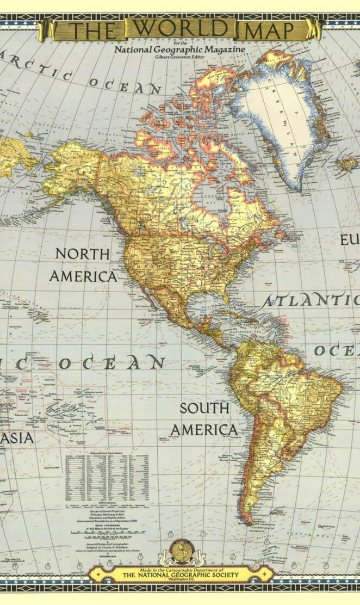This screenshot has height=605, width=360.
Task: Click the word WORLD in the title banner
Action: click(x=180, y=28)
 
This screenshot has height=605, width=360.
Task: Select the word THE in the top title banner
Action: click(x=92, y=30)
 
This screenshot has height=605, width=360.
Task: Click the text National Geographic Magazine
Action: click(x=179, y=50)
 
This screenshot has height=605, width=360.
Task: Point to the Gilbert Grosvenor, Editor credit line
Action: click(x=180, y=57)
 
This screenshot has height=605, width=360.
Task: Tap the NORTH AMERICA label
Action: click(x=83, y=265)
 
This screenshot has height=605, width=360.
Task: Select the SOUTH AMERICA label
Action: click(x=204, y=419)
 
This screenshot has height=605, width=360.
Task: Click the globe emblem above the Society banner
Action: click(x=180, y=551)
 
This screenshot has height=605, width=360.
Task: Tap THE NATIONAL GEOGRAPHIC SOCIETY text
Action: click(x=180, y=575)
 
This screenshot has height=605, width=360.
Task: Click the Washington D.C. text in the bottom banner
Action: click(x=180, y=581)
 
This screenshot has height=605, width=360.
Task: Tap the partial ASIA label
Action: click(x=16, y=438)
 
